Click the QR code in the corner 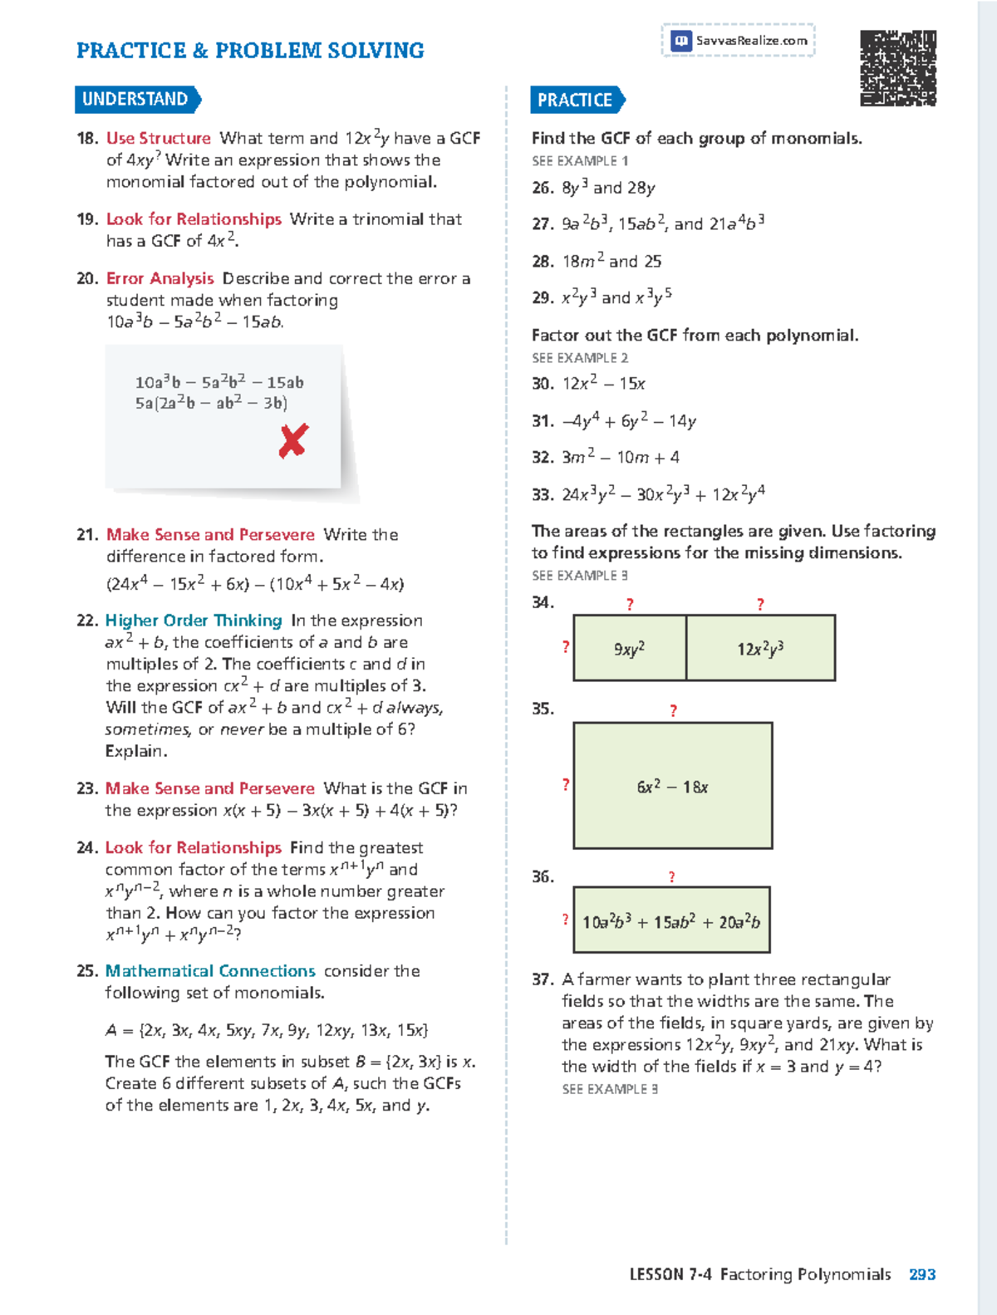click(897, 68)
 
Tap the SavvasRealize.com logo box click(738, 40)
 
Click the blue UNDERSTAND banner click(136, 100)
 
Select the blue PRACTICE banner click(576, 101)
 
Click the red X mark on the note click(293, 440)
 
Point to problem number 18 click(87, 139)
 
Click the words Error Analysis click(160, 278)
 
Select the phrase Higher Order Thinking click(194, 621)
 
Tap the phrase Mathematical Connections click(210, 971)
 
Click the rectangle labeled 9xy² click(630, 649)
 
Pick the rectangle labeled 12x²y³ click(760, 649)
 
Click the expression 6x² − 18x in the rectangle click(672, 787)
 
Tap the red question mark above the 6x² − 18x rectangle click(673, 711)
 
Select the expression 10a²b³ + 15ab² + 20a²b click(671, 921)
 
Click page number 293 click(922, 1274)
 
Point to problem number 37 click(543, 979)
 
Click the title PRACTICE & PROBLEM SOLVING click(250, 51)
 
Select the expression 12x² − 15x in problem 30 click(604, 384)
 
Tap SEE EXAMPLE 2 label click(580, 358)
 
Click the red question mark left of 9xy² click(565, 647)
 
